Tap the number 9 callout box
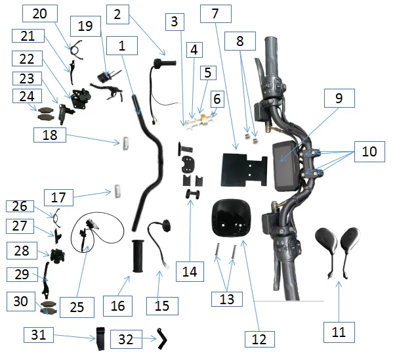(x=339, y=99)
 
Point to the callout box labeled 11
(x=338, y=332)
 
